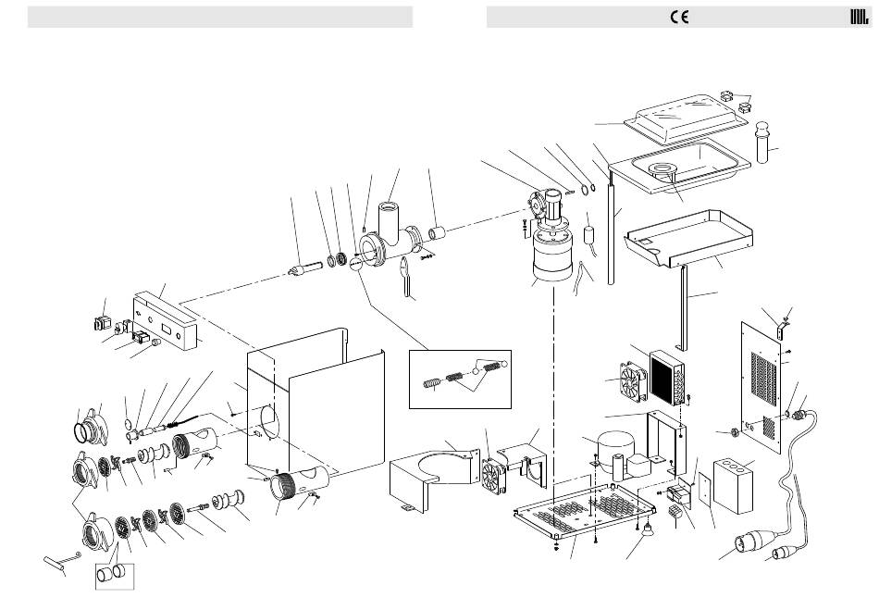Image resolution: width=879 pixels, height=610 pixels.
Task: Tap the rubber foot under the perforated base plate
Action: tap(645, 530)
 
